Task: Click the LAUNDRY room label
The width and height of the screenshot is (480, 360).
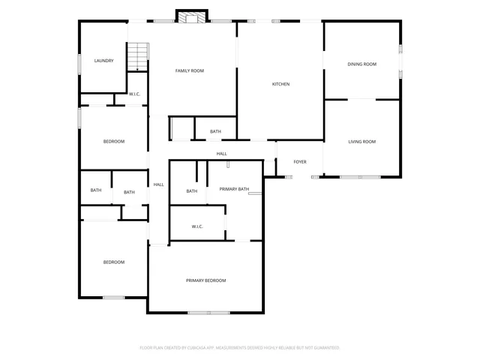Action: pos(103,61)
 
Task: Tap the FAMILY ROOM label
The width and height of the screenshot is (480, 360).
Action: pos(190,70)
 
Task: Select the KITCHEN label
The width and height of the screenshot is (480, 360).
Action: pos(280,84)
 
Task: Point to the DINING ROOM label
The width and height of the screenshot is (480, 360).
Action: pos(361,64)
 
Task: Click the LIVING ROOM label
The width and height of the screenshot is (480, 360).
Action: pos(361,142)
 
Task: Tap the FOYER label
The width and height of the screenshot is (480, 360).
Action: pos(300,162)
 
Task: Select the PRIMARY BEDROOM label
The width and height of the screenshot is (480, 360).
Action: pos(205,280)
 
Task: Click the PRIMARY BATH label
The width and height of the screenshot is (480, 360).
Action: pos(234,190)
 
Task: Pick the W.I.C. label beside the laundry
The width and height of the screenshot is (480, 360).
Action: pos(135,94)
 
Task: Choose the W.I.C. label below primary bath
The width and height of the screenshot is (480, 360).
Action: pos(197,226)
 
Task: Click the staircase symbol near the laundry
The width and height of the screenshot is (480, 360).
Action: pos(137,57)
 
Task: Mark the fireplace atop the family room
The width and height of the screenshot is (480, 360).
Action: pos(190,16)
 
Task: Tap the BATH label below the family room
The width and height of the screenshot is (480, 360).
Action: pos(215,132)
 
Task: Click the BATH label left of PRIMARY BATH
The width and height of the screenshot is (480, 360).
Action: pos(192,191)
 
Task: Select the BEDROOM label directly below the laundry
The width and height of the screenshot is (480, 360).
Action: pos(113,142)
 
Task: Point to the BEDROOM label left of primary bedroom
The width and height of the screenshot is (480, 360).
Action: pos(113,262)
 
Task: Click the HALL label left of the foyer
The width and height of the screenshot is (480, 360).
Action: pos(222,154)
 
